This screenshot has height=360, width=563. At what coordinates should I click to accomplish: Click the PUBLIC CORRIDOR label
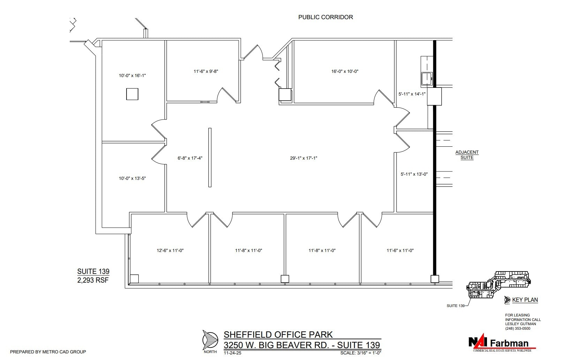325,17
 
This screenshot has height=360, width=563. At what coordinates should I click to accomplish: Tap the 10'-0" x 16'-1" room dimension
132,75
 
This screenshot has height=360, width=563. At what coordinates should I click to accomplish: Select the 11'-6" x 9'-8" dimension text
206,71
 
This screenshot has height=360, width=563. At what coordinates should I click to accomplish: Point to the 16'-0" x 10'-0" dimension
345,71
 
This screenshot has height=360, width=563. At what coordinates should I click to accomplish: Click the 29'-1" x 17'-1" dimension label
304,158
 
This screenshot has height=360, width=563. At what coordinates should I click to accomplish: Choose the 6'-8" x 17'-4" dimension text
190,158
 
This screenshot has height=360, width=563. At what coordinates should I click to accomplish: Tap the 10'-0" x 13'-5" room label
132,178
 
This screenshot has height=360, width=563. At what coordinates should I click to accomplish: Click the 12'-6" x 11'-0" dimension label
170,251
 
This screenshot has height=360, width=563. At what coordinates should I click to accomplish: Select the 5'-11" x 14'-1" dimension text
412,94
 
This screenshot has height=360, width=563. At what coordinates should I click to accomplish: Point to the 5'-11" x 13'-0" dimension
414,174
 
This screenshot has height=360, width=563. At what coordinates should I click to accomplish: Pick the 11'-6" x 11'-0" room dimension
400,251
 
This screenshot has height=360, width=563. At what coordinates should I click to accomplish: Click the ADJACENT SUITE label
467,155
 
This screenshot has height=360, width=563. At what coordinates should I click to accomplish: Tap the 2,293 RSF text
93,280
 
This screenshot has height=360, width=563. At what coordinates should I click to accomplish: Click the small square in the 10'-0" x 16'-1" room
132,94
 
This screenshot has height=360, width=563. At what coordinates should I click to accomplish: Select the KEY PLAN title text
525,300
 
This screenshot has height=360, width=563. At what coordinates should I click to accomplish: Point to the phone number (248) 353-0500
517,328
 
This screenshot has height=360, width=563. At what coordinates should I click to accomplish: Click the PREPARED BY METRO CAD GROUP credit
48,352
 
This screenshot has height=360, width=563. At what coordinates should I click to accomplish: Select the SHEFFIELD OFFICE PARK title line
278,335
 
